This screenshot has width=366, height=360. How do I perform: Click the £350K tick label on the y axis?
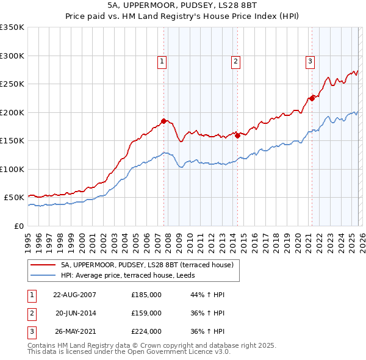click(x=12, y=27)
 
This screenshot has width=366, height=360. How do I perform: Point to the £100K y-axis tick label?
click(x=12, y=169)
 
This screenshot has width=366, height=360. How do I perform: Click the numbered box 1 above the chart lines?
click(x=162, y=61)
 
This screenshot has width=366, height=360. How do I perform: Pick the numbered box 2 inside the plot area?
click(x=235, y=61)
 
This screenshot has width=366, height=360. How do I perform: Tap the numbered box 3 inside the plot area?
click(x=310, y=61)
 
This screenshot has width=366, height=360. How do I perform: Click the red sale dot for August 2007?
click(x=163, y=121)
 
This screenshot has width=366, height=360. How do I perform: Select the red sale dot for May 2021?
click(x=312, y=98)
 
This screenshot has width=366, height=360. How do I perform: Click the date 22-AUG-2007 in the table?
click(x=75, y=295)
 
